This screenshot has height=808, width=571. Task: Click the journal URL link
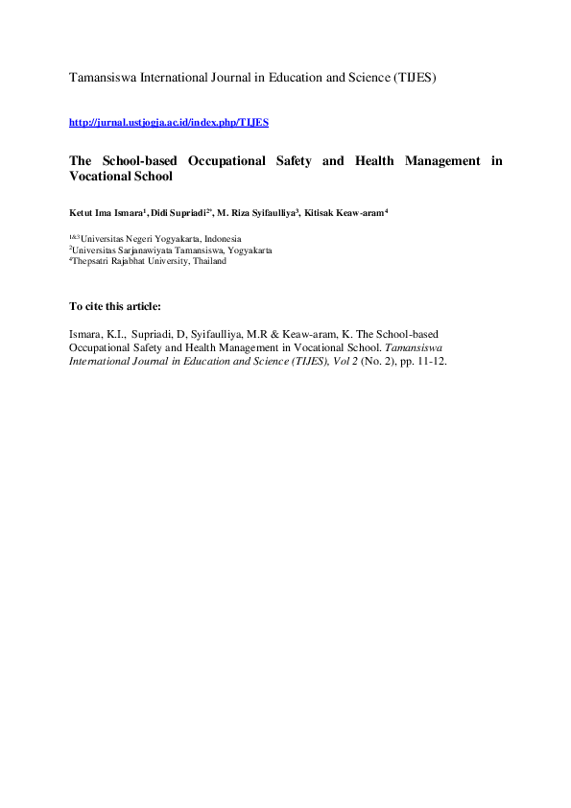tap(169, 123)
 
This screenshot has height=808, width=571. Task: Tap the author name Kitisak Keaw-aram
tap(344, 211)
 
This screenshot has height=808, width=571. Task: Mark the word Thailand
tap(207, 261)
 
